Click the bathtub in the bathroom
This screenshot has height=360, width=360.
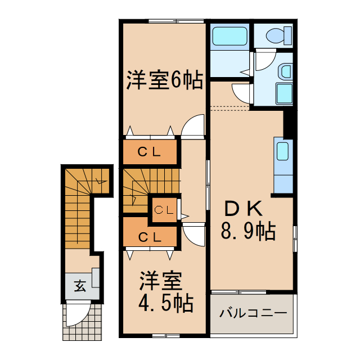pos(229,37)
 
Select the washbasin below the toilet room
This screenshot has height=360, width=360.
pos(285,71)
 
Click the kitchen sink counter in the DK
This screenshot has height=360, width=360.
pos(283,164)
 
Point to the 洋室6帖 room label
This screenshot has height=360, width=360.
pos(164,81)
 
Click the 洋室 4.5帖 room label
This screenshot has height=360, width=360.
pos(166,292)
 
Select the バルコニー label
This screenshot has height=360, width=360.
pos(253,313)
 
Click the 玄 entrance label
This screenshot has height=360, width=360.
pos(79,285)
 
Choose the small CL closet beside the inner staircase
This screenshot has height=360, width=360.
pos(164,210)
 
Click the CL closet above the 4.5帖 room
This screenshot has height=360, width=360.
pos(150,236)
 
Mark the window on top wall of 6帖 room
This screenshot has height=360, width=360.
pos(175,21)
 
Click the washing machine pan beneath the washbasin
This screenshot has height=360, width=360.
pos(285,93)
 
